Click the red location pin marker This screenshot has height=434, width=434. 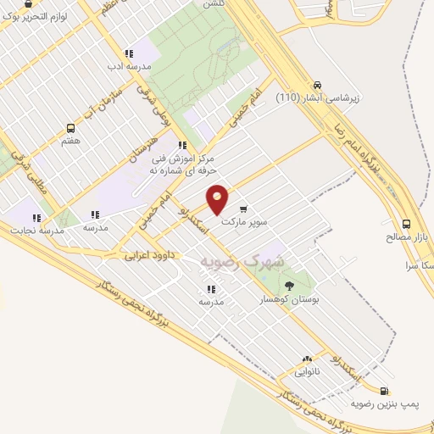click(218, 200)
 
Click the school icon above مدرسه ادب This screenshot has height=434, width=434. click(129, 53)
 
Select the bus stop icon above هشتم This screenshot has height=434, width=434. click(70, 129)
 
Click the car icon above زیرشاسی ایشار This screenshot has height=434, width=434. click(317, 85)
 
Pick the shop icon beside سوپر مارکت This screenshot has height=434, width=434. click(244, 209)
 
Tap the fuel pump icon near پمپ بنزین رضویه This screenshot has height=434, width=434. click(386, 392)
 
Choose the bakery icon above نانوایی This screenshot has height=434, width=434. click(307, 359)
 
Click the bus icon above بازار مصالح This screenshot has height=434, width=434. click(407, 225)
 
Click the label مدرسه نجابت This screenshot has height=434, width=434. click(32, 230)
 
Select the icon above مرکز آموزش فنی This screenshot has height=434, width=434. click(182, 145)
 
